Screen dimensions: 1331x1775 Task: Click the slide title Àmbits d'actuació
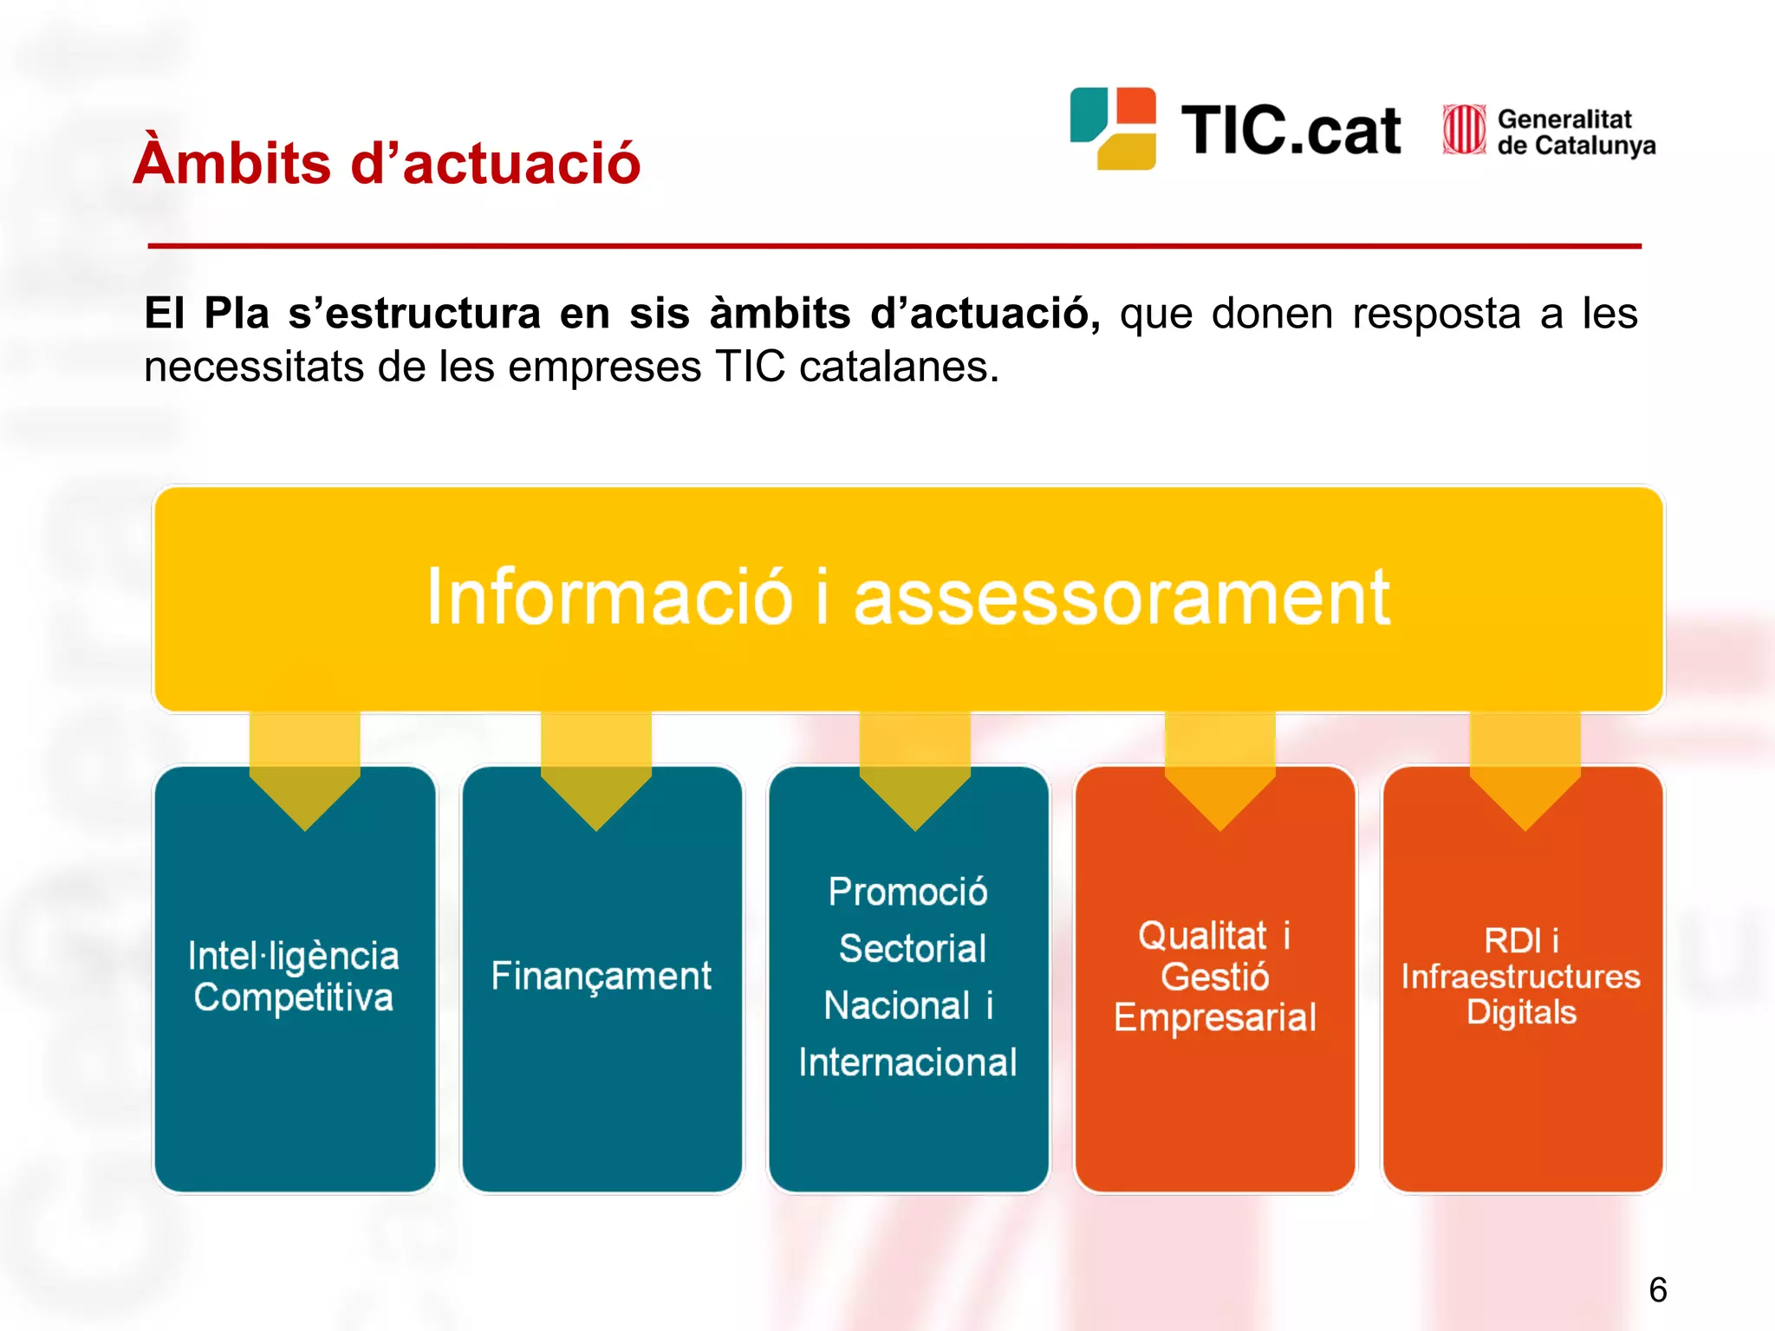click(x=387, y=162)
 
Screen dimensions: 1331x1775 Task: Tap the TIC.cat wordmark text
click(x=1291, y=132)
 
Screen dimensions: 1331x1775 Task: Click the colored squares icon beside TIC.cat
click(x=1113, y=128)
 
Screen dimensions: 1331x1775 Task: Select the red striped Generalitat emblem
click(x=1464, y=130)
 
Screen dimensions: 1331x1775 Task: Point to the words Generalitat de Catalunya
click(x=1576, y=132)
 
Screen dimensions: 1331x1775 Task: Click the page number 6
click(x=1657, y=1289)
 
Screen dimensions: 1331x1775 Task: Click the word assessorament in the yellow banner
click(x=1122, y=598)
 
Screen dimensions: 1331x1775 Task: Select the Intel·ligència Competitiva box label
click(x=294, y=977)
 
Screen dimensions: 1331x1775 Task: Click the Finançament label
click(x=601, y=977)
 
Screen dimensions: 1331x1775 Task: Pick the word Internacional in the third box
click(x=907, y=1062)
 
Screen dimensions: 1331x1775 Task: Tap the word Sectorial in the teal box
click(x=913, y=948)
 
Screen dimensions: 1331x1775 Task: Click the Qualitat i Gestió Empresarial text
click(x=1214, y=977)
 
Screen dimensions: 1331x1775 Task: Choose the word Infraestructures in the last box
click(x=1521, y=977)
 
